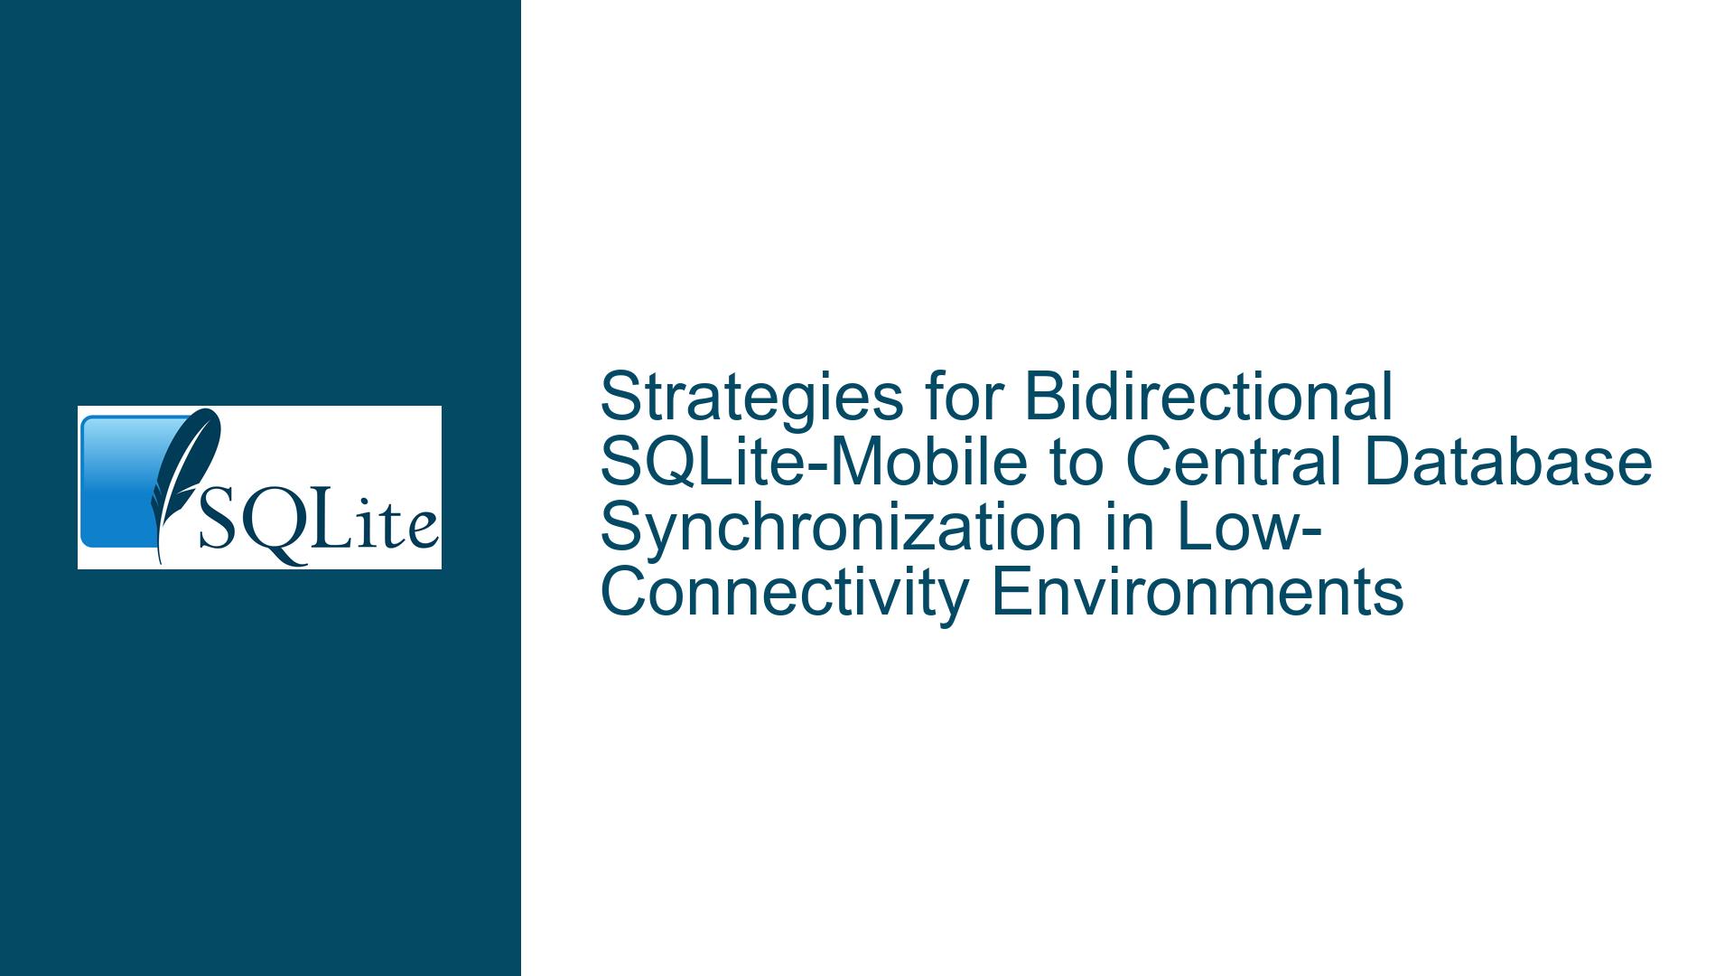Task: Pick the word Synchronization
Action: [x=841, y=528]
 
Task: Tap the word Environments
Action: [x=1198, y=594]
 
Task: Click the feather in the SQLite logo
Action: [x=185, y=484]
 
